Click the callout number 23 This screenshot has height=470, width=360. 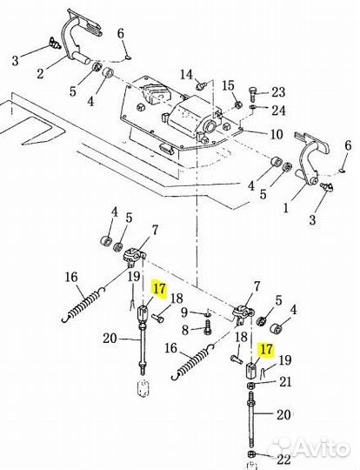[x=278, y=91]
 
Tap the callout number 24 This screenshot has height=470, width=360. [x=278, y=111]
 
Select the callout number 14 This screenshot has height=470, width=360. [x=187, y=74]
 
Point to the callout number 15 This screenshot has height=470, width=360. [x=228, y=86]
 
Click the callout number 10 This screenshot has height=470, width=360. [x=277, y=134]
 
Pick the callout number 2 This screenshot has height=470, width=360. [x=40, y=73]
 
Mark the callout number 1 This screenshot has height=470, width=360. [x=285, y=207]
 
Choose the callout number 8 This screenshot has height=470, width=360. [x=185, y=331]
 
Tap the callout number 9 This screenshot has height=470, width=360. [x=184, y=312]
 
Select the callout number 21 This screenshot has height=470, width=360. [x=285, y=382]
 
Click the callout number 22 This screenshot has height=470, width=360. [x=284, y=460]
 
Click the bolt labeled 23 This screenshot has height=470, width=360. [x=251, y=93]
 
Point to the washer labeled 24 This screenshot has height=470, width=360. [x=252, y=107]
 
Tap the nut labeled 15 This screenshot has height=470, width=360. [x=237, y=104]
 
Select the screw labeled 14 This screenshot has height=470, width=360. [x=200, y=86]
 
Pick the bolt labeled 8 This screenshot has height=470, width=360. [x=207, y=326]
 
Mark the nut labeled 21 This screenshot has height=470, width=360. [x=251, y=386]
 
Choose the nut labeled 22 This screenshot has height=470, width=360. [x=251, y=461]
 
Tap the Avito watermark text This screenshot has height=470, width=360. [x=311, y=449]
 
